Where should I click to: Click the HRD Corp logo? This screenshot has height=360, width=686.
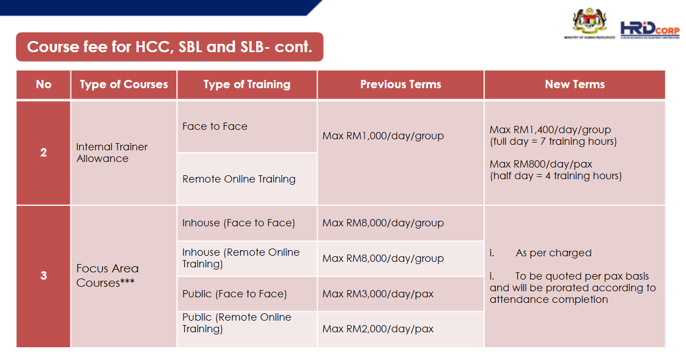click(649, 28)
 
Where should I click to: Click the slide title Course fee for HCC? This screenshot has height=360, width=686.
click(169, 47)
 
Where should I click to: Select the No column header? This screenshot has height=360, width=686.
click(43, 84)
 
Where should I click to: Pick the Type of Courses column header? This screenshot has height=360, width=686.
click(124, 84)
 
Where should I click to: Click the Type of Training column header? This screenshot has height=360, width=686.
click(247, 84)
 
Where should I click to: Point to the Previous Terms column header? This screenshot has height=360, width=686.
click(400, 84)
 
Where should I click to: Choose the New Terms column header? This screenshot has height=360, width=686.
click(575, 84)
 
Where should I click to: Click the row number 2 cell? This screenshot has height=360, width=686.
click(43, 153)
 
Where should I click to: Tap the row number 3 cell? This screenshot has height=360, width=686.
click(43, 276)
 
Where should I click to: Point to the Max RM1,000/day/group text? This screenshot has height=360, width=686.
click(383, 135)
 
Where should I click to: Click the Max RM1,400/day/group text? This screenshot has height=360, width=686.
click(550, 130)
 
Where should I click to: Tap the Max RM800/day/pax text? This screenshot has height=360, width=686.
click(541, 164)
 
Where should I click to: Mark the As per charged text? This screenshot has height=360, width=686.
click(553, 253)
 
